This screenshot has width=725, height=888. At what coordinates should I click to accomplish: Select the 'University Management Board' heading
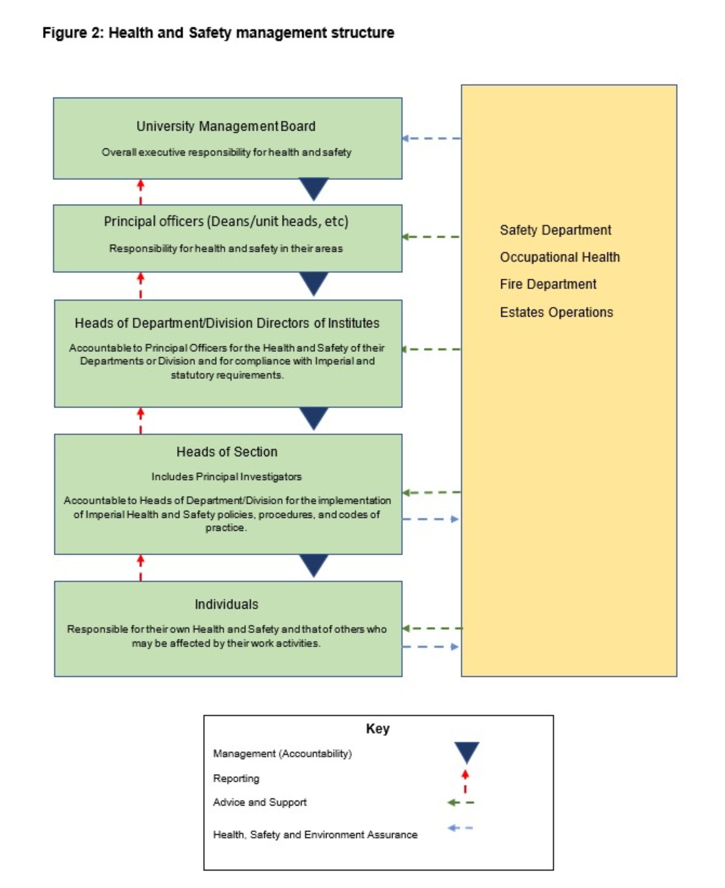tap(226, 126)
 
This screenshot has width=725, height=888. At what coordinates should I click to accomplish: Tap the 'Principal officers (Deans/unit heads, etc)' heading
tap(226, 221)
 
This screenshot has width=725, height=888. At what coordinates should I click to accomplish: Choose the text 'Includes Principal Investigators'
tap(226, 477)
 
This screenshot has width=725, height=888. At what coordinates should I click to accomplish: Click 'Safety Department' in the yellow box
tap(555, 230)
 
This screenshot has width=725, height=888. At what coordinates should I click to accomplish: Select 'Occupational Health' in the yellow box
tap(560, 257)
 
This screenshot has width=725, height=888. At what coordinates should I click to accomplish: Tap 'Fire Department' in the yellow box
tap(548, 284)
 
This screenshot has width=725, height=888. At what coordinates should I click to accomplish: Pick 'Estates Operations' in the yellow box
tap(556, 312)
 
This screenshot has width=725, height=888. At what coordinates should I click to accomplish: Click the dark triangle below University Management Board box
tap(314, 188)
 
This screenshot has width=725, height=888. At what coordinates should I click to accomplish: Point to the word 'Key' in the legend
tap(378, 728)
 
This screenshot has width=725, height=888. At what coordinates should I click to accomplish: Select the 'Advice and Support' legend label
tap(260, 802)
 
